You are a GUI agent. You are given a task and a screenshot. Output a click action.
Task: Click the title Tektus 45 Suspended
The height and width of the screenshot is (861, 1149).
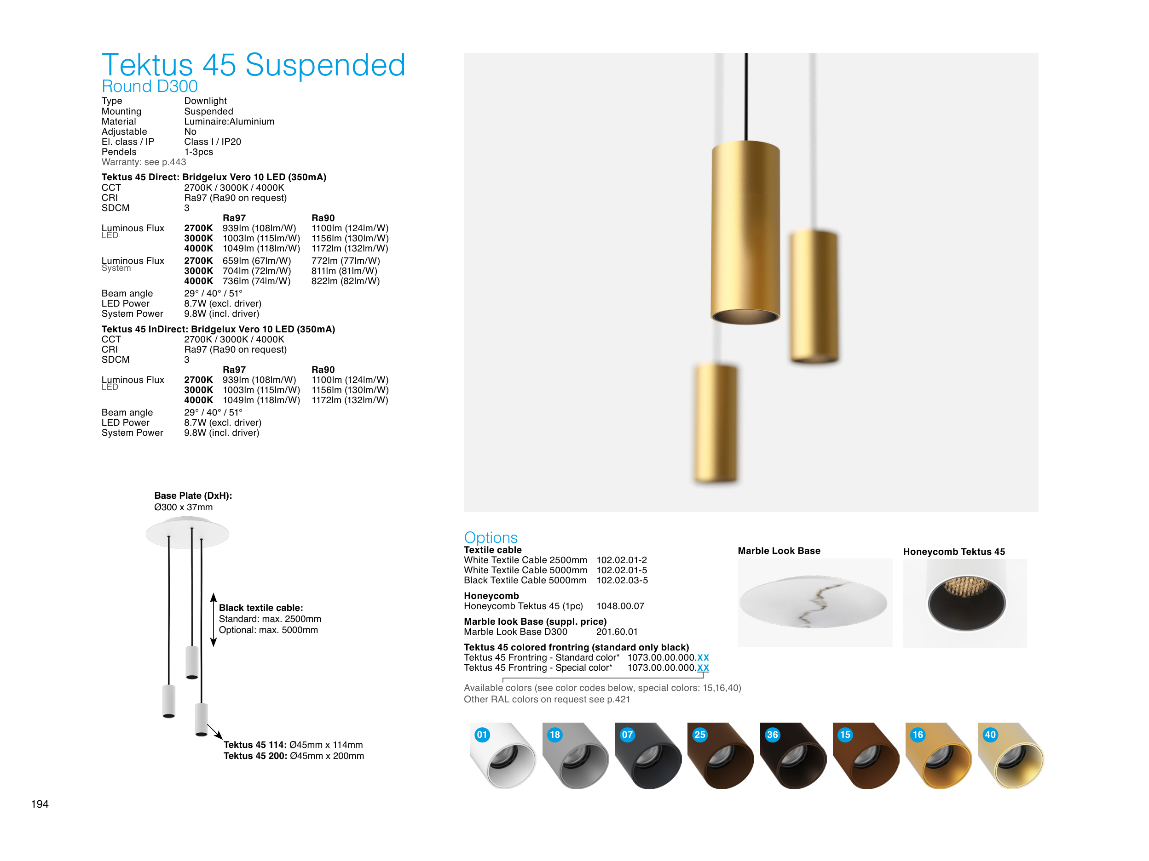[x=254, y=65]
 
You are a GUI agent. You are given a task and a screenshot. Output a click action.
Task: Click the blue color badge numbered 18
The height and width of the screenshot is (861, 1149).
[x=555, y=735]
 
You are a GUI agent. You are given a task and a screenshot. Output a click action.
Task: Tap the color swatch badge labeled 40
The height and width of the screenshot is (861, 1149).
[x=990, y=735]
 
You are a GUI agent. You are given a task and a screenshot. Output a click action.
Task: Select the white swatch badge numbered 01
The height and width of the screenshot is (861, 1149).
[x=482, y=735]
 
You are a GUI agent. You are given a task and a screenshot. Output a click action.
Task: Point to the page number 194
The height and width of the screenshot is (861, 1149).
[x=40, y=804]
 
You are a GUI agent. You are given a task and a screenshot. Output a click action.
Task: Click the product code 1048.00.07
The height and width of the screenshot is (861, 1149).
[x=620, y=606]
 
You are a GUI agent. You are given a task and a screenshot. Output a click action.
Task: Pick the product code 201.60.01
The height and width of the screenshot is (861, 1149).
[x=617, y=632]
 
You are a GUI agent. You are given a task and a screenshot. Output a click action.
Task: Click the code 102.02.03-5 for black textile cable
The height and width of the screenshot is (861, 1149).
[x=622, y=580]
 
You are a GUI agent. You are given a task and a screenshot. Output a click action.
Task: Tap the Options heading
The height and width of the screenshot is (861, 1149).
[x=491, y=537]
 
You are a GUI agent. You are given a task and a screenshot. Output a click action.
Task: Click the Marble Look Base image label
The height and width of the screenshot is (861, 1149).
[x=779, y=551]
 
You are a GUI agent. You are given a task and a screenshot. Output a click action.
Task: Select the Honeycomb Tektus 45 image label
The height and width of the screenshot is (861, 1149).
[x=954, y=552]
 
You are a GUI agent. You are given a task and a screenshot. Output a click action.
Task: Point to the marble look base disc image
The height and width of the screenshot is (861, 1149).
[x=813, y=602]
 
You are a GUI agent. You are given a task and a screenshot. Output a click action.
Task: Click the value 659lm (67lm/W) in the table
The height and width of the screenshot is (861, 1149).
[x=257, y=261]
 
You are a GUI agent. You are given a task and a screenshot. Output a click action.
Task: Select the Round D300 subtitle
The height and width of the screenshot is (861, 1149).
[x=150, y=86]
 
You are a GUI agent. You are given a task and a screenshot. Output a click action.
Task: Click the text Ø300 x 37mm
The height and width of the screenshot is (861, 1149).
[x=183, y=507]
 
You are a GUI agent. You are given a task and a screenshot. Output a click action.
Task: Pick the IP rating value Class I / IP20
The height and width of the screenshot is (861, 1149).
[x=213, y=142]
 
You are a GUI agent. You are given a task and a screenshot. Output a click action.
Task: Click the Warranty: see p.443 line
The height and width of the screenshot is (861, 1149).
[x=144, y=162]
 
